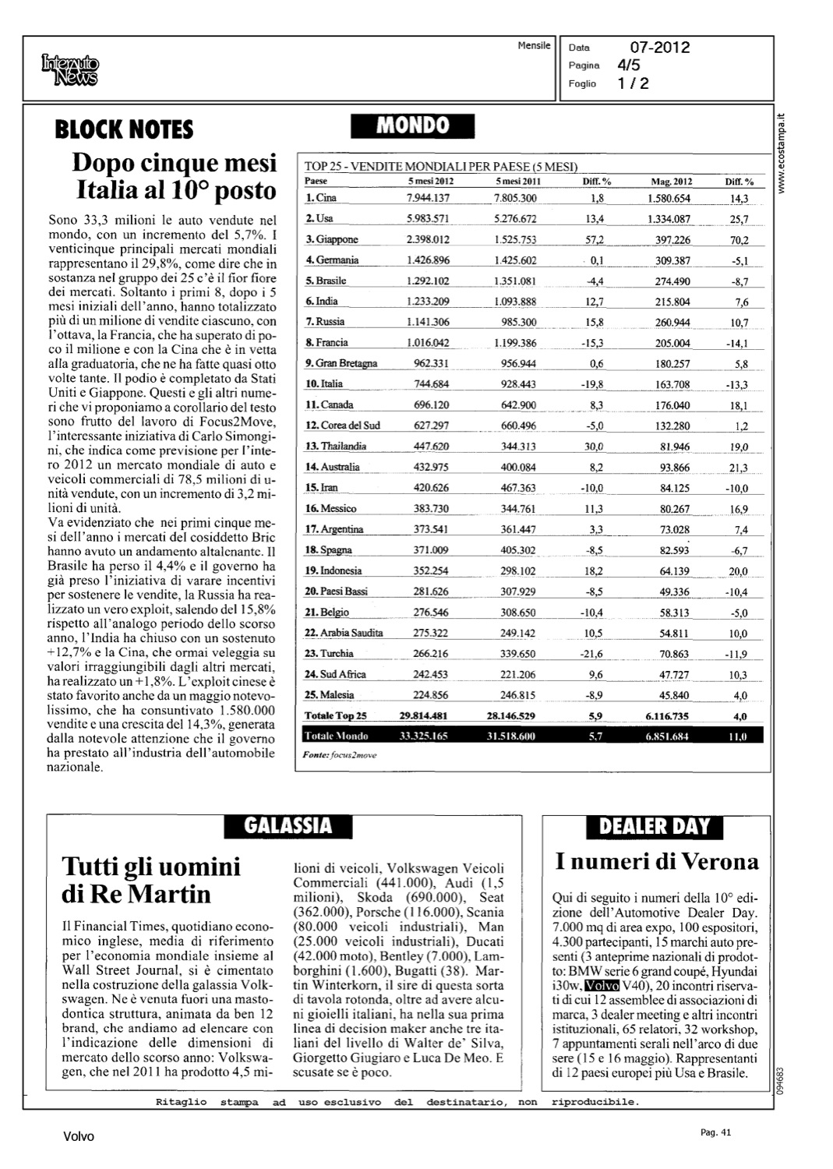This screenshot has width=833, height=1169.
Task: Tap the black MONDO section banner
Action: (x=413, y=125)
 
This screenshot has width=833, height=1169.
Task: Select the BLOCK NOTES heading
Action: (x=124, y=129)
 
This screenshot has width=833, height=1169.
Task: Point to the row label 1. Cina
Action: (x=321, y=198)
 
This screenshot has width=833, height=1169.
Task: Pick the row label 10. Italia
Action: (x=324, y=384)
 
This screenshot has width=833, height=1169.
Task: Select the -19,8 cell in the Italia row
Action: (x=594, y=384)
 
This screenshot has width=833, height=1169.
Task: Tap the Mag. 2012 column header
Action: (x=671, y=182)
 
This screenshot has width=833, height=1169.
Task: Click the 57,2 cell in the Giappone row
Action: (x=595, y=239)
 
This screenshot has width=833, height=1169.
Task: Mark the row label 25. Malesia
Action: (x=330, y=695)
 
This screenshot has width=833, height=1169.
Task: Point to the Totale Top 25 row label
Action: (x=336, y=715)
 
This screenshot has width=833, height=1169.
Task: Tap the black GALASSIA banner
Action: (x=288, y=826)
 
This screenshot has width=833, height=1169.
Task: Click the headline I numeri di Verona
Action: (x=657, y=862)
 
